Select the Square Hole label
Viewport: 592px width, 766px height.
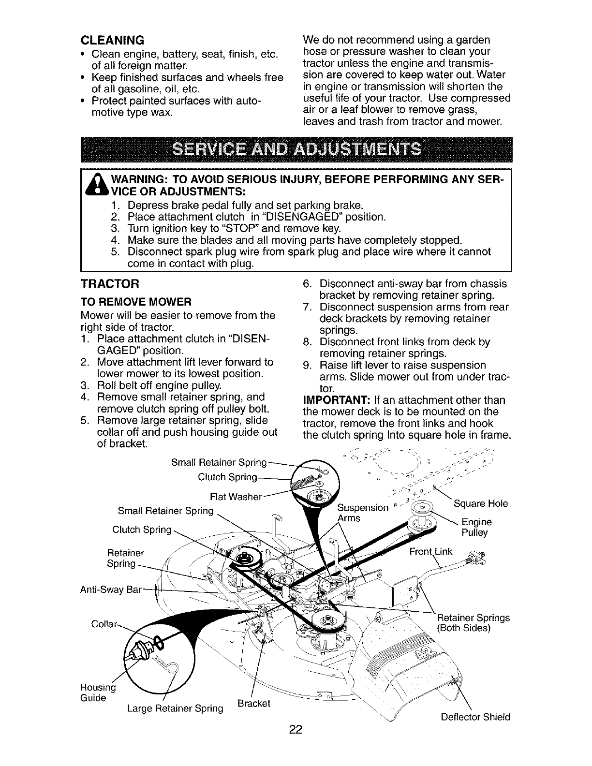pos(481,503)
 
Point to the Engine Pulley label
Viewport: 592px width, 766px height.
pos(476,527)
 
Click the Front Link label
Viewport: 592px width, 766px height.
pos(430,552)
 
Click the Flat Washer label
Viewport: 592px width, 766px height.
pos(236,497)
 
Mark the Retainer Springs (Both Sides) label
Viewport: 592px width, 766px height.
pos(473,623)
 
